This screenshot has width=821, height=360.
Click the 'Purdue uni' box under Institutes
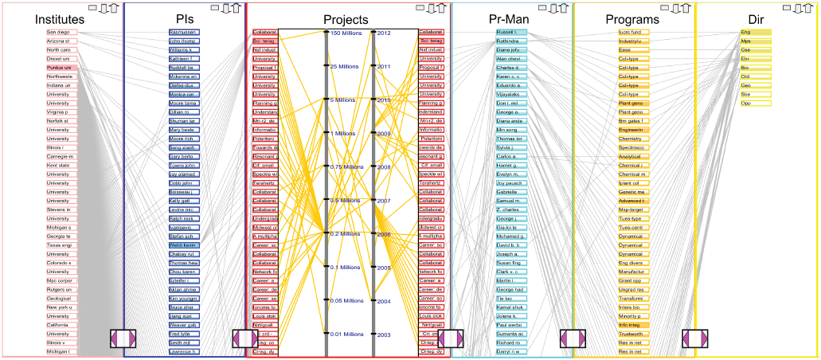(x=61, y=68)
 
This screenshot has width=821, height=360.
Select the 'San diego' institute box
(x=61, y=33)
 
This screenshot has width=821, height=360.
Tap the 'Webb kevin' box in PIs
(x=184, y=245)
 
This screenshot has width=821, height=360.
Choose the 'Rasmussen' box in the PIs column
(x=184, y=33)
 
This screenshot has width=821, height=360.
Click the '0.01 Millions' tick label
(x=346, y=334)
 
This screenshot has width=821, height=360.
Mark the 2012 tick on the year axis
(x=384, y=33)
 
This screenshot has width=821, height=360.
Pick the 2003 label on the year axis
(x=384, y=335)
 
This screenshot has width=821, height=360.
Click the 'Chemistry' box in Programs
(x=633, y=139)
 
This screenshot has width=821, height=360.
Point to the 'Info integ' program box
(x=633, y=325)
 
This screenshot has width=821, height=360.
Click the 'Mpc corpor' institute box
(x=61, y=280)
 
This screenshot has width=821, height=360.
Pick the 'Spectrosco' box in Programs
(x=633, y=147)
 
